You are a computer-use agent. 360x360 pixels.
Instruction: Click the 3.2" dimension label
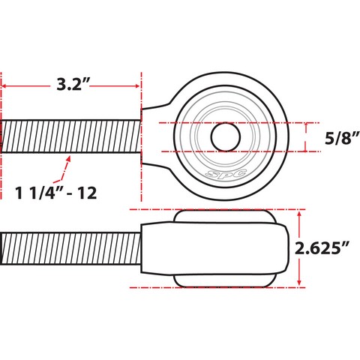pyautogui.click(x=73, y=85)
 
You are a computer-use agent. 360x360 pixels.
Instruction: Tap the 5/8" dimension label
pyautogui.click(x=342, y=138)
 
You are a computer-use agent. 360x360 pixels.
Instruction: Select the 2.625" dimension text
pyautogui.click(x=322, y=248)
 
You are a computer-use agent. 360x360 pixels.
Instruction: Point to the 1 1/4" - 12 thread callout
pyautogui.click(x=55, y=193)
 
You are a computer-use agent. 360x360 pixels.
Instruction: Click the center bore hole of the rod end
pyautogui.click(x=226, y=137)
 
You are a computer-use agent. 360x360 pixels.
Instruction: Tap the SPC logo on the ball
pyautogui.click(x=226, y=173)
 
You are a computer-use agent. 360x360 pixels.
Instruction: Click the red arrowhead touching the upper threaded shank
pyautogui.click(x=68, y=158)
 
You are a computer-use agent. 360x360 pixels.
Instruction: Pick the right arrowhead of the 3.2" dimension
pyautogui.click(x=137, y=86)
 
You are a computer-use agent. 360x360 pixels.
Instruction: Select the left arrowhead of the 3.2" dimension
pyautogui.click(x=4, y=86)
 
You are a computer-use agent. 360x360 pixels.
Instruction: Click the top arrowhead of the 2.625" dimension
pyautogui.click(x=299, y=213)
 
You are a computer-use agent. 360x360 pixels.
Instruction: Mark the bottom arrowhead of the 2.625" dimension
pyautogui.click(x=299, y=283)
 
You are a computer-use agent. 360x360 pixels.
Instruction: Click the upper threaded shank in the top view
pyautogui.click(x=70, y=136)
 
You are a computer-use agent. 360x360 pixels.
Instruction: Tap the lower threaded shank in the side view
pyautogui.click(x=70, y=248)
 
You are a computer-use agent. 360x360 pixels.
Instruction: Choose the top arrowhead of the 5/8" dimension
pyautogui.click(x=305, y=125)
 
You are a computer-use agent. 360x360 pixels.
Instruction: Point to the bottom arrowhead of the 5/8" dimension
pyautogui.click(x=305, y=149)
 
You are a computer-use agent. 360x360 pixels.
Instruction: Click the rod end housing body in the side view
pyautogui.click(x=214, y=248)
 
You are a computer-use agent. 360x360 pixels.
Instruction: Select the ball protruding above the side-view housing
pyautogui.click(x=224, y=216)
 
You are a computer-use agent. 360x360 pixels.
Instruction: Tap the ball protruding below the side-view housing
pyautogui.click(x=224, y=281)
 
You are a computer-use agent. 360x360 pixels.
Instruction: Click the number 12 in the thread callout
pyautogui.click(x=87, y=193)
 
